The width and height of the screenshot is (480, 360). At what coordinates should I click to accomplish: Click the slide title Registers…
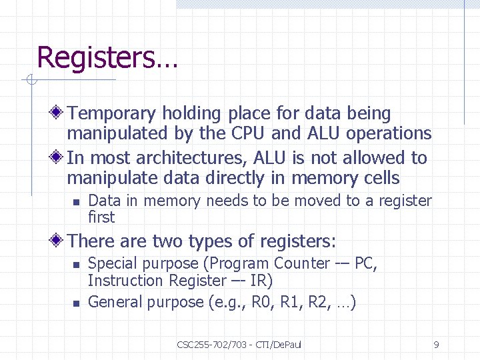(x=107, y=57)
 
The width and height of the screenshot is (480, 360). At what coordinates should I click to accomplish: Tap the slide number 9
(x=436, y=345)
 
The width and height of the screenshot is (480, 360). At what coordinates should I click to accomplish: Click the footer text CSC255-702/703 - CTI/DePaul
(x=239, y=345)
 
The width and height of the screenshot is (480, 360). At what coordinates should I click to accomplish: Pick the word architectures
(x=179, y=158)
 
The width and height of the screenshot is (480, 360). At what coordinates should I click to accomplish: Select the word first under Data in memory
(x=101, y=217)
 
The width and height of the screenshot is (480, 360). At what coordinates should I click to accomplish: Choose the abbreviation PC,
(x=366, y=263)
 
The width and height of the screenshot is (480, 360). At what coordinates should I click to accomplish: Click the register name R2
(x=319, y=302)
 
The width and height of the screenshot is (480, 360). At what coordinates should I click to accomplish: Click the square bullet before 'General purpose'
(x=76, y=303)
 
